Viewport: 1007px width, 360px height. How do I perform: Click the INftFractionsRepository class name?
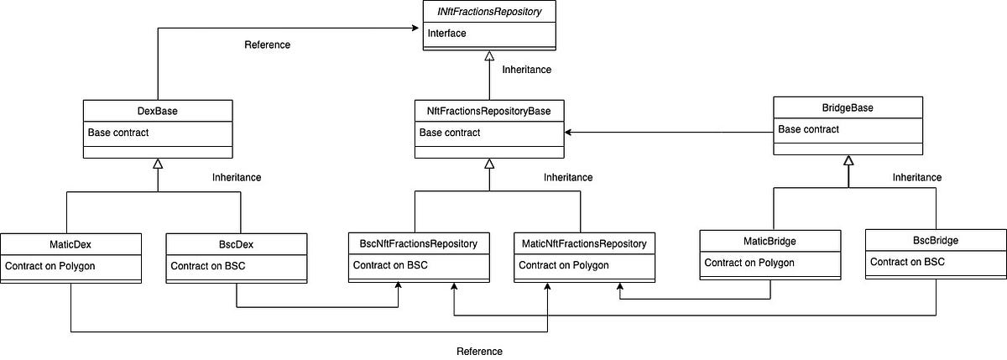pos(490,12)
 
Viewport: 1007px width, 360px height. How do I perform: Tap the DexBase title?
pos(158,110)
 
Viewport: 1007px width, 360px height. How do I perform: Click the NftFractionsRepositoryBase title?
pos(490,110)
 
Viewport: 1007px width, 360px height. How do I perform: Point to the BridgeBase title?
pos(847,107)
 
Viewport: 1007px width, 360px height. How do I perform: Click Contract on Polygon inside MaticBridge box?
pos(749,263)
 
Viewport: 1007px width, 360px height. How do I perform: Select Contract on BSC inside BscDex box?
pos(207,266)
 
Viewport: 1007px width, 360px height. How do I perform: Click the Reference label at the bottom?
pos(479,351)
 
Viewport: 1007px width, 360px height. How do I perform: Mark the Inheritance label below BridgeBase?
pos(916,177)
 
